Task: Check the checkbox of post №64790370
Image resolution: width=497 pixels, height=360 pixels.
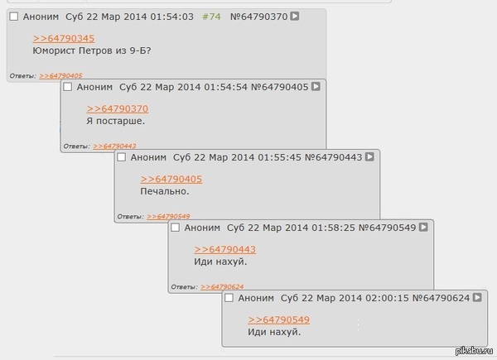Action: click(x=13, y=16)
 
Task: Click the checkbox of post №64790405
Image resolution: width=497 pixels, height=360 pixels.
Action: click(x=68, y=86)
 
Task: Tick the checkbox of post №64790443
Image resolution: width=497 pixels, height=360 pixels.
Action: click(x=122, y=156)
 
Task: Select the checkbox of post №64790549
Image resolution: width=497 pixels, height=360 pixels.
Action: click(x=176, y=227)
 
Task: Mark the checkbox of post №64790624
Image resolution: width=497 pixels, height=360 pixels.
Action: click(x=229, y=297)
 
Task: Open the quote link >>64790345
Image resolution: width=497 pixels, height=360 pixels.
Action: click(x=64, y=38)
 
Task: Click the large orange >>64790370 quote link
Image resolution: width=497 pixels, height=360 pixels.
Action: click(x=117, y=108)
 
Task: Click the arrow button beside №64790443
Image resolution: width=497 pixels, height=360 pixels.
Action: click(x=369, y=156)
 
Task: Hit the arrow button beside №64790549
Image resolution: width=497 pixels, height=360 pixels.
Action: click(x=423, y=227)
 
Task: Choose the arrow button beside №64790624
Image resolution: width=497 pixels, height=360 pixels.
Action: click(x=478, y=297)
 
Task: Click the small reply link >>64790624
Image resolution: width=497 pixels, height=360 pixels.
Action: click(x=222, y=287)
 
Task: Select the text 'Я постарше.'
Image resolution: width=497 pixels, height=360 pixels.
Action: click(x=115, y=121)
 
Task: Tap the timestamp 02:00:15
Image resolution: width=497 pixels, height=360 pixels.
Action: click(x=388, y=297)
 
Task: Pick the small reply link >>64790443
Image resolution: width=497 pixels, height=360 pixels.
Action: click(x=114, y=146)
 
